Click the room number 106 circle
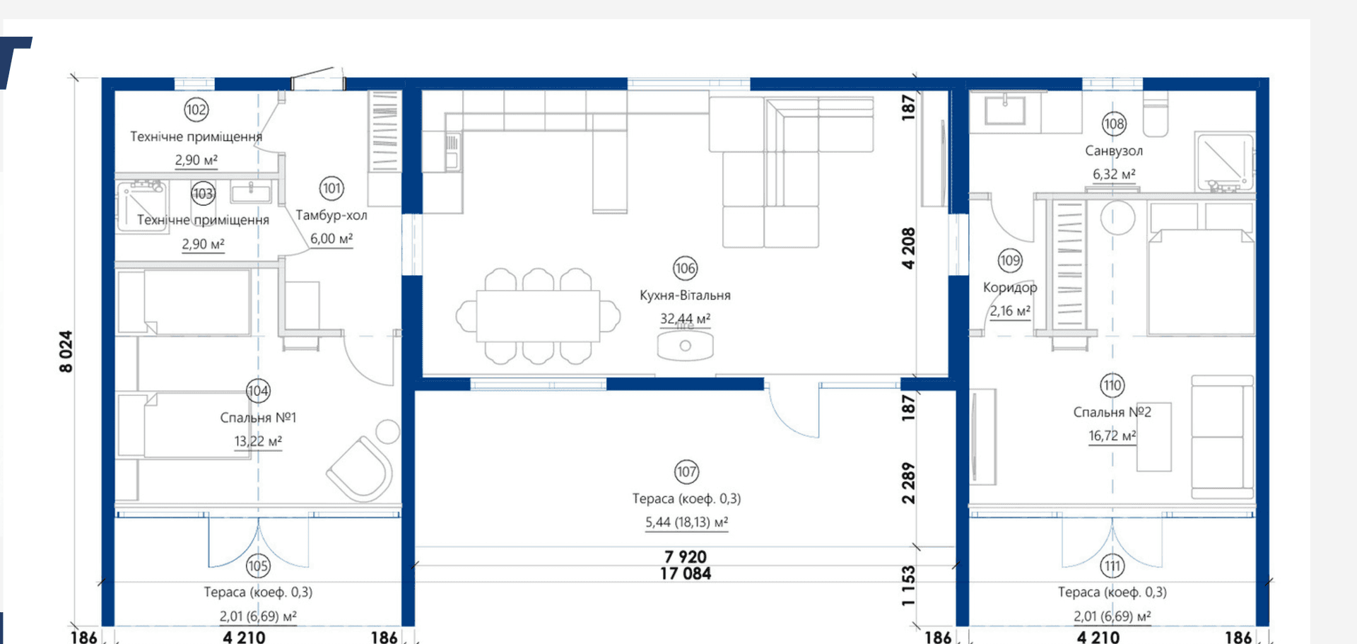tap(685, 269)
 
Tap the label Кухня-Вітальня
tap(685, 295)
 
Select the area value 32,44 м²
tap(685, 319)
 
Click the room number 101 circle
tap(331, 188)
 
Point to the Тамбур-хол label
tap(331, 215)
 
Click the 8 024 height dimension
tap(66, 351)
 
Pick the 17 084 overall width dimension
tap(686, 574)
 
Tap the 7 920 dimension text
tap(686, 557)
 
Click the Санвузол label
tap(1114, 151)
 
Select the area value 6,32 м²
tap(1114, 174)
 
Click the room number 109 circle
tap(1010, 261)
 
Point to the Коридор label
tap(1010, 288)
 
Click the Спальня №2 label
tap(1112, 412)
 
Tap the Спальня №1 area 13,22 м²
tap(258, 441)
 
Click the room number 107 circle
tap(686, 472)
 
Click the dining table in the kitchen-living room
tap(538, 316)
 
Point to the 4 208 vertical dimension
tap(908, 248)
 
